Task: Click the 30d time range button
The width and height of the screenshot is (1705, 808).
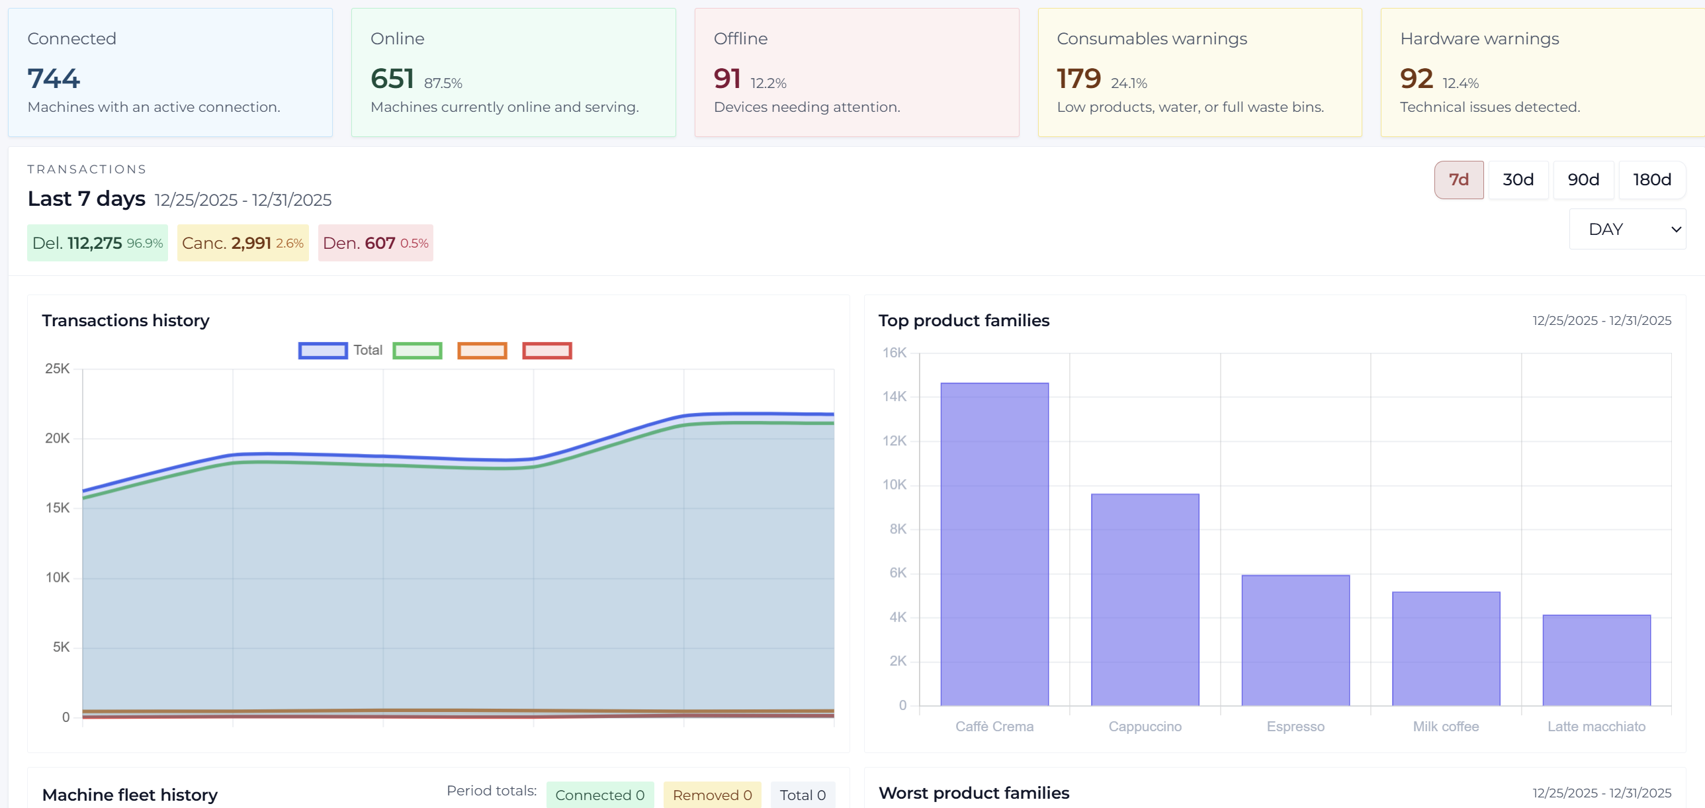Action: [x=1518, y=179]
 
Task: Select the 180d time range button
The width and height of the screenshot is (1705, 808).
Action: [x=1651, y=179]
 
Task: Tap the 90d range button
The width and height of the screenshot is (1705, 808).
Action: [x=1583, y=179]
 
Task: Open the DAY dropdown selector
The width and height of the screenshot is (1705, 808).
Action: [x=1627, y=229]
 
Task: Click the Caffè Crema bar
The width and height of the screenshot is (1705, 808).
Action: [x=994, y=543]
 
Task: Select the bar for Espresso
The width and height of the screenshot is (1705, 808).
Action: [x=1295, y=639]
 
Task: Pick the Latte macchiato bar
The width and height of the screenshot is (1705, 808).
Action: [x=1596, y=659]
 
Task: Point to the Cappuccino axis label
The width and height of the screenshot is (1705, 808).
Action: [x=1145, y=726]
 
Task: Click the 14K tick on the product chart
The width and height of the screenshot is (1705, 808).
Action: [x=895, y=396]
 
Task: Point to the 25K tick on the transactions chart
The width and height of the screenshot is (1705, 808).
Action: [x=57, y=368]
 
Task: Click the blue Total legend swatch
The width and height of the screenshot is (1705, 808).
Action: [x=323, y=350]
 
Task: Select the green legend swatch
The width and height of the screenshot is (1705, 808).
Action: [x=417, y=350]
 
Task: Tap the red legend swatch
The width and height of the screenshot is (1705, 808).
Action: [x=546, y=350]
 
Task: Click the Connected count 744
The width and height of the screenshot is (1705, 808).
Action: [x=54, y=78]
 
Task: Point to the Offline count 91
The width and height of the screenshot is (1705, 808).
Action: [x=726, y=78]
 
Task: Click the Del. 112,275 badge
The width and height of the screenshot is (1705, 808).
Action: [x=97, y=243]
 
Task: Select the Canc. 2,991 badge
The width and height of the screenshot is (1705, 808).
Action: [x=242, y=243]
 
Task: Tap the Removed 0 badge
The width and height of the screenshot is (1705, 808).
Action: [x=711, y=794]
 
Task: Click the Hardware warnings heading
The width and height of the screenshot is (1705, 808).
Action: [x=1479, y=38]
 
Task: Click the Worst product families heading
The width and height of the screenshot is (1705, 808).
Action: [x=974, y=792]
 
